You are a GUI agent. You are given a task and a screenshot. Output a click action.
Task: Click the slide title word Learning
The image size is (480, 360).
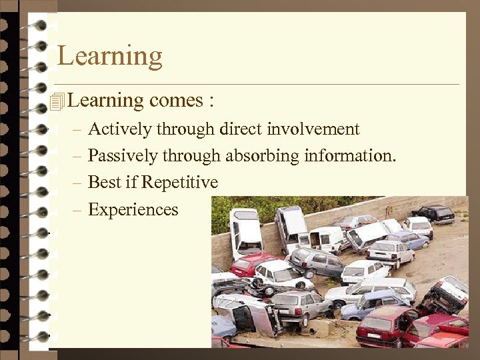[110, 57]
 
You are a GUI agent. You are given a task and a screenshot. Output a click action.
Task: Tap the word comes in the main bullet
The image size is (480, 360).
[176, 101]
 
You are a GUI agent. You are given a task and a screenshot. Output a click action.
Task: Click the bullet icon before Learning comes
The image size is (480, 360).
[57, 101]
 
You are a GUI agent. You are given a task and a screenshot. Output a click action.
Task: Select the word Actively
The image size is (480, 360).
[119, 129]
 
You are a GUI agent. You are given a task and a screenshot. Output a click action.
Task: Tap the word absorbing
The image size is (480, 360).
[262, 156]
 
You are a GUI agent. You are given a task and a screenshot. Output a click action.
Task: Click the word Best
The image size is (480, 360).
[104, 183]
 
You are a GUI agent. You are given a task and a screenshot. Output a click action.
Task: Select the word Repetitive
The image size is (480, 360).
[180, 183]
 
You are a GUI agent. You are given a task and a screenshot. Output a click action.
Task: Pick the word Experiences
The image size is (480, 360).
[133, 210]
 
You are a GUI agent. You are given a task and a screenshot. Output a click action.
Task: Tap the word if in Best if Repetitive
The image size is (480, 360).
[131, 183]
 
